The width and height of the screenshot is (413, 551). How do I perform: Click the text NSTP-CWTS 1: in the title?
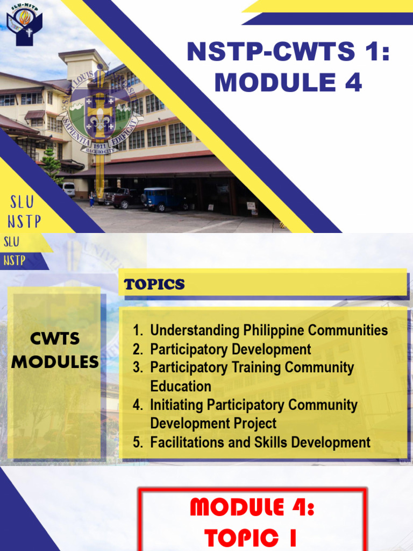[x=288, y=54]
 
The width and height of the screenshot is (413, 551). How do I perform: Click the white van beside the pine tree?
[x=69, y=189]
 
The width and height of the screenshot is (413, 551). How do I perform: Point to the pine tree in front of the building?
[x=53, y=166]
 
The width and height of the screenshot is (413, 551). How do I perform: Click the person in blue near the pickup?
[x=92, y=200]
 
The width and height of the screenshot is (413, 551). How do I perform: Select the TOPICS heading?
[x=154, y=285]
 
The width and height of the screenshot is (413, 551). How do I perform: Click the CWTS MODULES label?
[x=55, y=350]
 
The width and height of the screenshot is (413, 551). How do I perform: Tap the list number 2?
[x=138, y=350]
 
